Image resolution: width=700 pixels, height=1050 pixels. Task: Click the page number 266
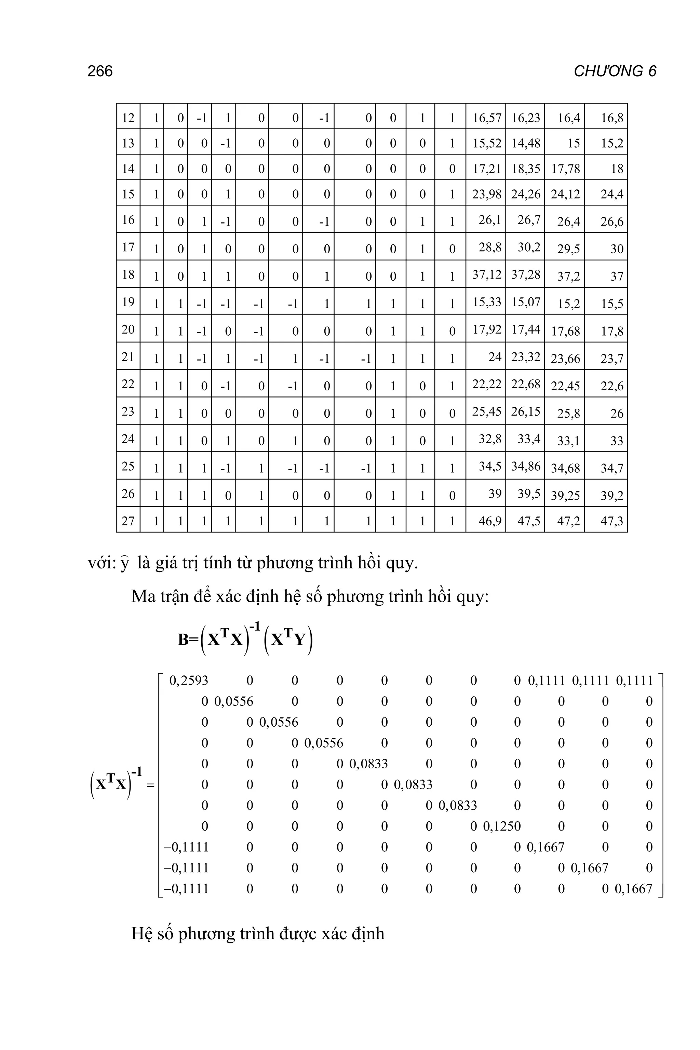click(100, 71)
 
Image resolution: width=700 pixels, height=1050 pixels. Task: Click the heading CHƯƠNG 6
click(615, 71)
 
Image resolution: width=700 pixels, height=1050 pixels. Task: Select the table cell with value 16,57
click(486, 118)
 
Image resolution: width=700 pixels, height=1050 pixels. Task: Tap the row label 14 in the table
click(128, 169)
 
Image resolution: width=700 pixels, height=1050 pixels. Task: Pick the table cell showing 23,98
click(486, 194)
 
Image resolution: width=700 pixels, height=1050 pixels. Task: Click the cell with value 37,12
click(486, 274)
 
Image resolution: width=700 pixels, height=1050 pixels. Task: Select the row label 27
click(128, 521)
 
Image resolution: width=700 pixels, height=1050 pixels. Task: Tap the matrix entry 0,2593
click(189, 681)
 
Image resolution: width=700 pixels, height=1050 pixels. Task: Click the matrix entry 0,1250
click(502, 826)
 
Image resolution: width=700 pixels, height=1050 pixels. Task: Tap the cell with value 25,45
click(486, 411)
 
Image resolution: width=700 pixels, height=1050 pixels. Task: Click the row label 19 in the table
click(128, 302)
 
